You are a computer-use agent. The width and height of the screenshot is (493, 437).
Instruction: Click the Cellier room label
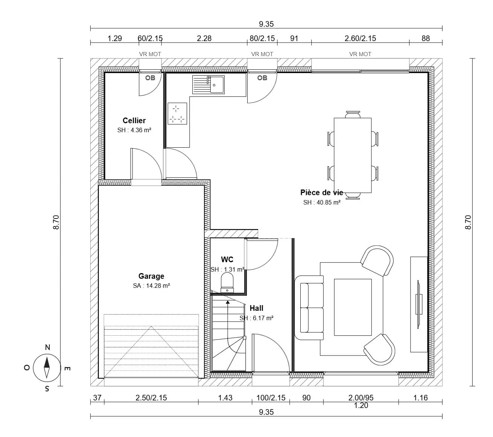(134, 120)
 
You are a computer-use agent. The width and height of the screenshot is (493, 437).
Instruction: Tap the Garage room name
(151, 276)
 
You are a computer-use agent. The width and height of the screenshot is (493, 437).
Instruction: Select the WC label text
(227, 260)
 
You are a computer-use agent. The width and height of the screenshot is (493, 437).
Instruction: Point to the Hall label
(257, 308)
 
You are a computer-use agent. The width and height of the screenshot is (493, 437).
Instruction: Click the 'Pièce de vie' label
(322, 193)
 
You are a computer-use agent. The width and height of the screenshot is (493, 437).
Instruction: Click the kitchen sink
(208, 85)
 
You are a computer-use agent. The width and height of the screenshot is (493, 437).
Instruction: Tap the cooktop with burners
(177, 113)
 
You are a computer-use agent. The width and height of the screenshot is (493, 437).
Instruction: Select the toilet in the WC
(227, 283)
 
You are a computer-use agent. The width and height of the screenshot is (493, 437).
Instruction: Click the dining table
(353, 155)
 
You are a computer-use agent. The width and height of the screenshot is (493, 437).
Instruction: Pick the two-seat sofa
(309, 308)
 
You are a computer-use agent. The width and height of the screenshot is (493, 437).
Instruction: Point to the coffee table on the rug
(353, 307)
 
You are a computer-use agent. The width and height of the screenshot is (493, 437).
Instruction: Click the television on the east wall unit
(419, 304)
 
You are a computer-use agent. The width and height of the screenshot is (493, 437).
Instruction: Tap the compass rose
(47, 368)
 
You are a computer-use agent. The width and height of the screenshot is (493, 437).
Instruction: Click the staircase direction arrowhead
(228, 302)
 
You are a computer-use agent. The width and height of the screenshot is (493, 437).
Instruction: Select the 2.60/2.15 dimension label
(360, 38)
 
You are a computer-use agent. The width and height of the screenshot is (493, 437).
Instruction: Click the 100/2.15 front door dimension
(271, 398)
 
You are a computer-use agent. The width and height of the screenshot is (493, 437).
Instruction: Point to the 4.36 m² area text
(141, 130)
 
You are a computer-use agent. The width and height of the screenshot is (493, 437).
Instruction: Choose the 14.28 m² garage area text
(158, 286)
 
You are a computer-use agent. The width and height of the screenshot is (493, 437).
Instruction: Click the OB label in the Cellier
(150, 78)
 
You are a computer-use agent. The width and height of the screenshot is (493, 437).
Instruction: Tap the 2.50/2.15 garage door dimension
(151, 398)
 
